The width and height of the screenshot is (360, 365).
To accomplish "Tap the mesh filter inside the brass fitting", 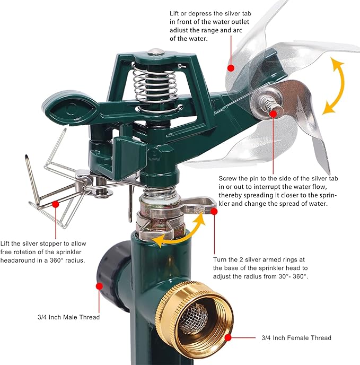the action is pyautogui.click(x=193, y=318).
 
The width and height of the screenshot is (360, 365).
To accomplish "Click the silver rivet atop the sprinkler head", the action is pyautogui.click(x=156, y=51).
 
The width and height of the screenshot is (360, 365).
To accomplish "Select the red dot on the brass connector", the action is pyautogui.click(x=228, y=337).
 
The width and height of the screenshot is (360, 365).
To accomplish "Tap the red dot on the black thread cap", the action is pyautogui.click(x=99, y=286).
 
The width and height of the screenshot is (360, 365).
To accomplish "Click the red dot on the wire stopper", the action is pyautogui.click(x=55, y=204).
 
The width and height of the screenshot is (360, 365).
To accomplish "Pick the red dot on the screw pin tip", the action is pyautogui.click(x=273, y=114).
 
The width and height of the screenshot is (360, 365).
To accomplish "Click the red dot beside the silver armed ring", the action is pyautogui.click(x=214, y=211).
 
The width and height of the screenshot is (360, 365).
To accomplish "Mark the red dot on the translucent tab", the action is pyautogui.click(x=231, y=68).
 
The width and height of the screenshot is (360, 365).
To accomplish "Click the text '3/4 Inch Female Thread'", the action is pyautogui.click(x=296, y=337).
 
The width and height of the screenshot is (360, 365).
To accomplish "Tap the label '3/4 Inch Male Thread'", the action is pyautogui.click(x=68, y=317).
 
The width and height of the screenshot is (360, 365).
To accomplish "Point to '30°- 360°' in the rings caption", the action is pyautogui.click(x=293, y=276).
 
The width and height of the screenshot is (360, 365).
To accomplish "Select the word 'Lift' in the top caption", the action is pyautogui.click(x=174, y=13).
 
